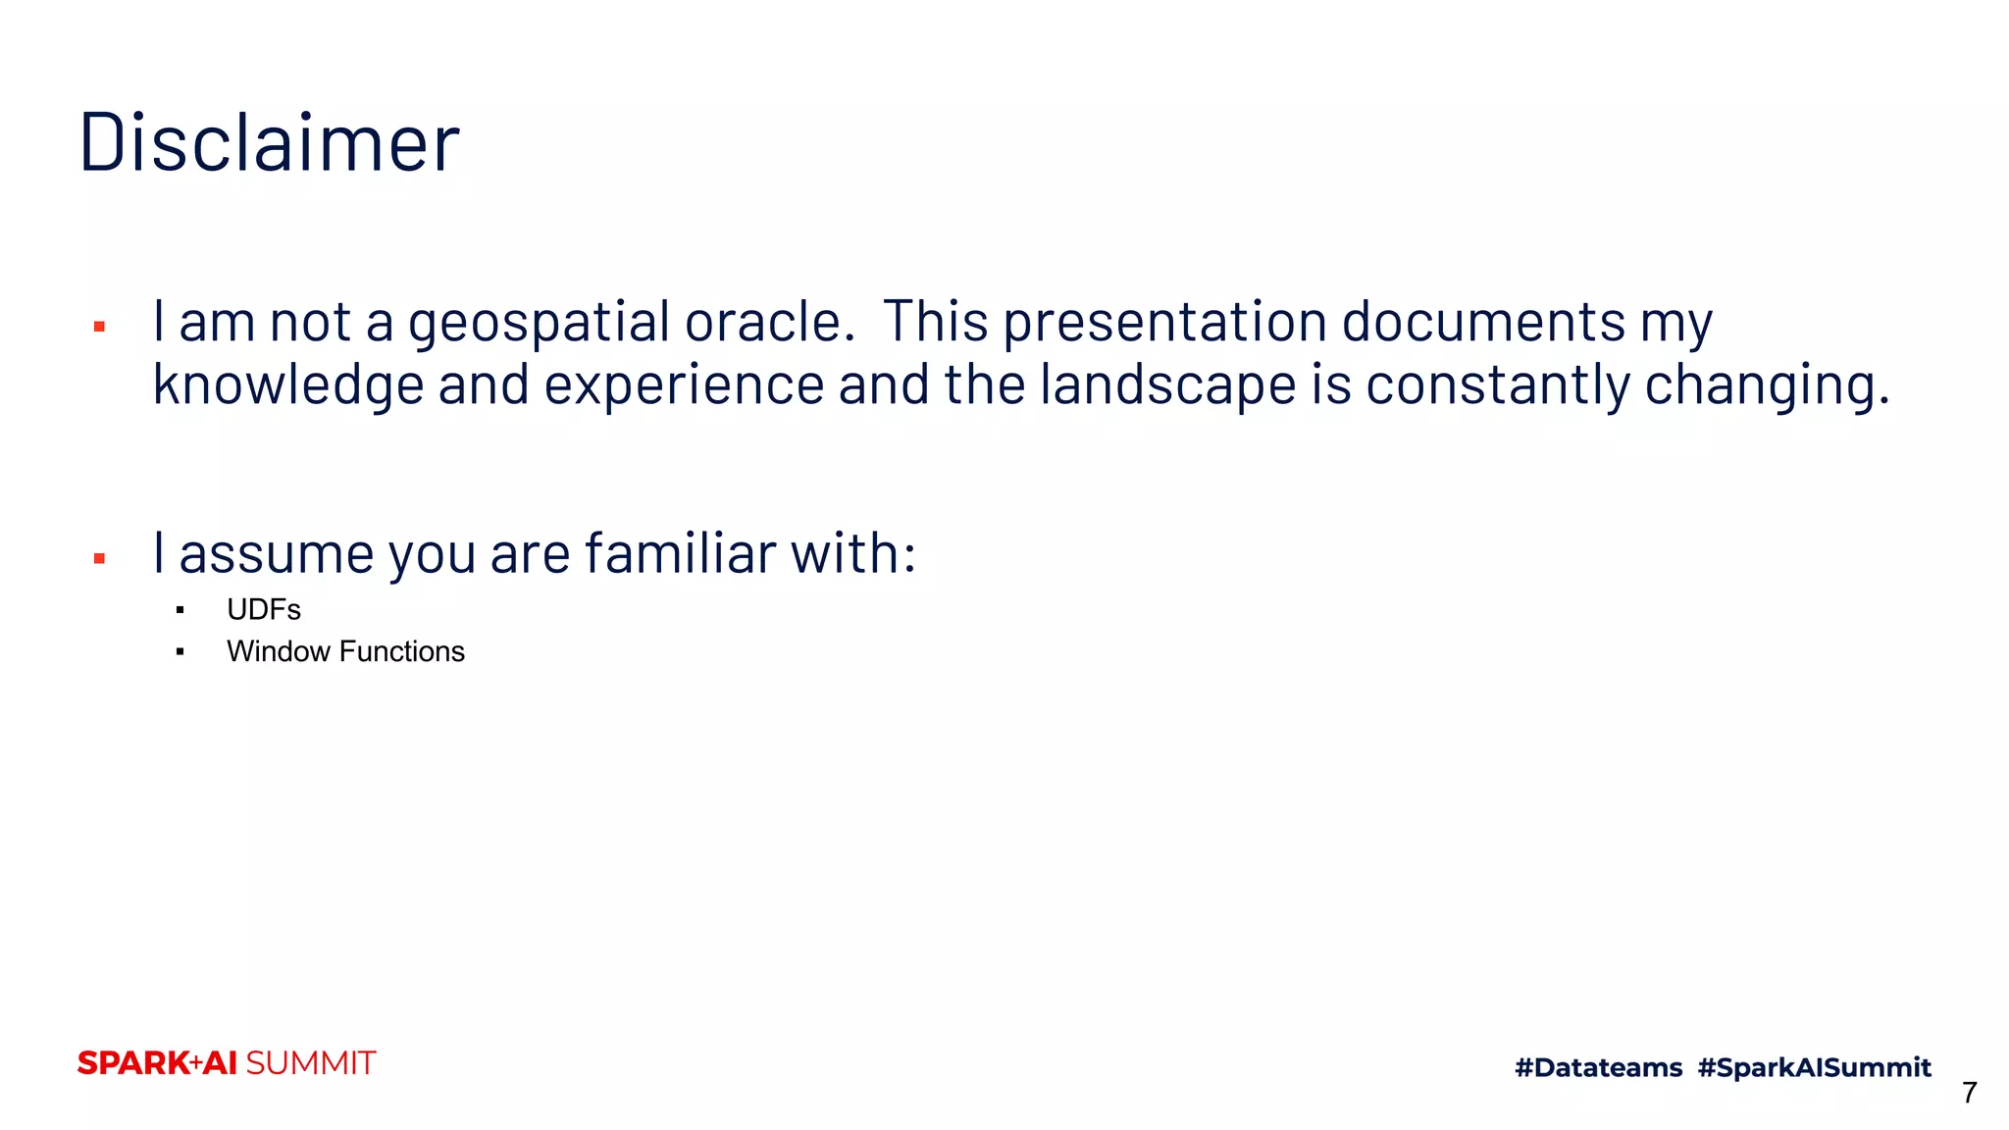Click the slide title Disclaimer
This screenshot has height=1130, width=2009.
tap(269, 143)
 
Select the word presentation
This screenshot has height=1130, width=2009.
tap(1164, 324)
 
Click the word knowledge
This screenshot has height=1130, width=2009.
tap(288, 385)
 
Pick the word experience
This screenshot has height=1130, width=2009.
tap(684, 385)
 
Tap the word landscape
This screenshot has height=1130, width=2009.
tap(1168, 385)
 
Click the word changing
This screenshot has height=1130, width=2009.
tap(1766, 385)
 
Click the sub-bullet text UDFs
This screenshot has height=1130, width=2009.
tap(264, 610)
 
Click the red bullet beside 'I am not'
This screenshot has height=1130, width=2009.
tap(99, 327)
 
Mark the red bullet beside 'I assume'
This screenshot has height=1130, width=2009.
tap(99, 559)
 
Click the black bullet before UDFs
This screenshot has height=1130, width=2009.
tap(180, 611)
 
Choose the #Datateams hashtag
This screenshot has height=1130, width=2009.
tap(1598, 1068)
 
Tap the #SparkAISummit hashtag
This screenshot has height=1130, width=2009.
tap(1814, 1068)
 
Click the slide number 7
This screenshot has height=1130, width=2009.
tap(1969, 1093)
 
